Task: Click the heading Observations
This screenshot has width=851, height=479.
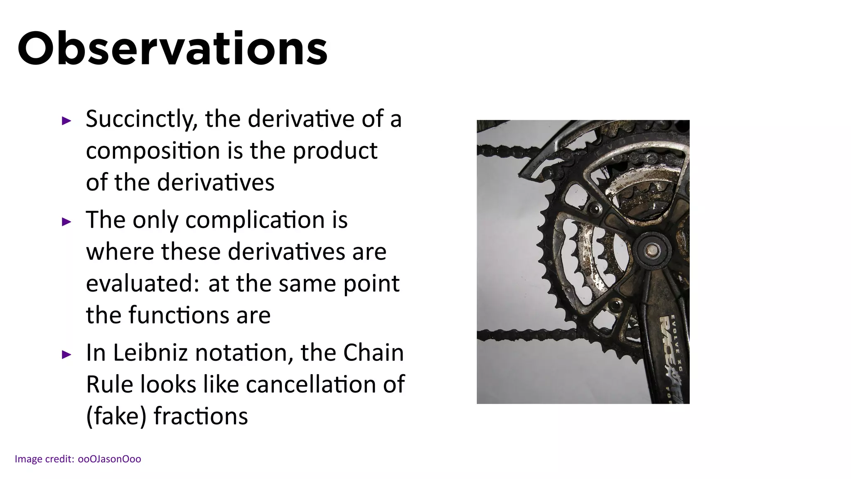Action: tap(172, 49)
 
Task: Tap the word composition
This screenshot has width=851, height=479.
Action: tap(153, 151)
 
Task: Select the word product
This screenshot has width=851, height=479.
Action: tap(335, 151)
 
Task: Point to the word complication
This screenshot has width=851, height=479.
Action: tap(255, 220)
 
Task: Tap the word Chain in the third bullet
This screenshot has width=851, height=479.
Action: tap(373, 353)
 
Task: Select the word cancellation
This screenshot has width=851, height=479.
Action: tap(311, 384)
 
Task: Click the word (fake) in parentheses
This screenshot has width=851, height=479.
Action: tap(116, 416)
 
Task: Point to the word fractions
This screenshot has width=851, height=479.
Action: tap(201, 416)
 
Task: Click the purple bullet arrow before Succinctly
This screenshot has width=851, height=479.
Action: tap(66, 121)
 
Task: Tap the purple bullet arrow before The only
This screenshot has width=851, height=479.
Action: tap(66, 222)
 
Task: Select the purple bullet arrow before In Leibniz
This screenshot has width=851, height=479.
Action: tap(66, 355)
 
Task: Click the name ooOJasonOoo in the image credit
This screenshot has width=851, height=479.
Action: tap(109, 459)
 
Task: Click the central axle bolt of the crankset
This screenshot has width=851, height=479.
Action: tap(651, 250)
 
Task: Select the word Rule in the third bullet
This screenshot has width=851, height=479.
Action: tap(109, 384)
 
